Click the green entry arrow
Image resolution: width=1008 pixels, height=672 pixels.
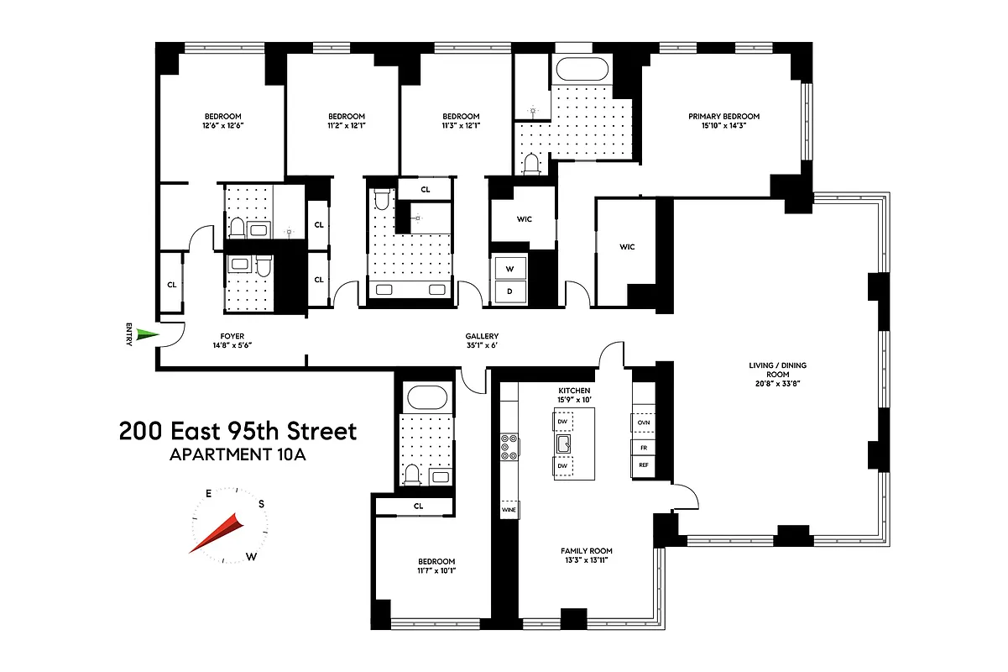pyautogui.click(x=147, y=336)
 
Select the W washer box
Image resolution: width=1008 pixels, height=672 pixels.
pyautogui.click(x=510, y=269)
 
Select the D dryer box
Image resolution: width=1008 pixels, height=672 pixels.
pyautogui.click(x=510, y=291)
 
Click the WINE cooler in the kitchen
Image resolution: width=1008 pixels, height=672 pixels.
pyautogui.click(x=509, y=510)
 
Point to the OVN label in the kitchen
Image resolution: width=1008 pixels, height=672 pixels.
pyautogui.click(x=643, y=423)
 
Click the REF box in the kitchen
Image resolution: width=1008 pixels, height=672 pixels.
pyautogui.click(x=643, y=465)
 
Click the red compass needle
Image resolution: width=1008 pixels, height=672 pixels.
pyautogui.click(x=217, y=536)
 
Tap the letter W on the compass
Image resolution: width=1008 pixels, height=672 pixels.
pyautogui.click(x=251, y=557)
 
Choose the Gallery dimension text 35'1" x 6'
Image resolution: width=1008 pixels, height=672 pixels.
pyautogui.click(x=482, y=344)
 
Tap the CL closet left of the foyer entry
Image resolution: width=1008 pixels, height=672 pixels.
pyautogui.click(x=171, y=285)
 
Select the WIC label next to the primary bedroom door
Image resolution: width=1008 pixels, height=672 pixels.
pyautogui.click(x=627, y=247)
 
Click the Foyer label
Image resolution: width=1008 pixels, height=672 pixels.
pyautogui.click(x=232, y=335)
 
